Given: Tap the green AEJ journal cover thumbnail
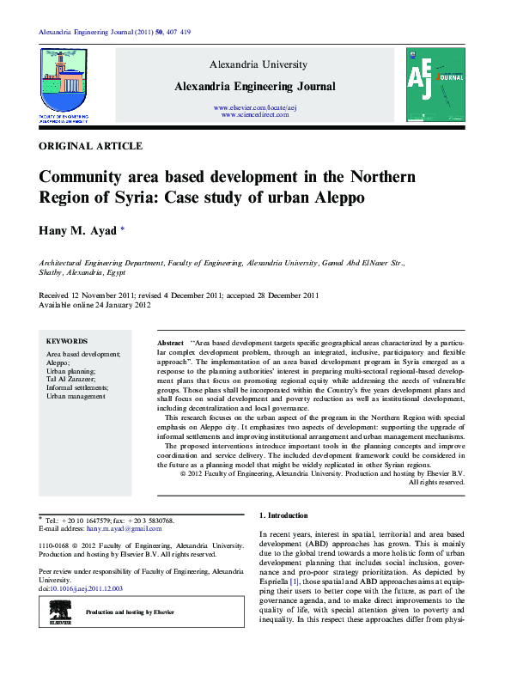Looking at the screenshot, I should pos(435,85).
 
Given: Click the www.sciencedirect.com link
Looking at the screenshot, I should pos(254,114).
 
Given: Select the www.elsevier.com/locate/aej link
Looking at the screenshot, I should pos(254,107).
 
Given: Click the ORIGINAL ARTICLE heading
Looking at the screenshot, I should pos(91,147).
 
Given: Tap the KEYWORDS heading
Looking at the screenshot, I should pos(66,341).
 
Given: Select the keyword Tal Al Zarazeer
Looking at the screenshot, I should pos(71,379).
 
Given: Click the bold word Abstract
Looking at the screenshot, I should pos(171,342).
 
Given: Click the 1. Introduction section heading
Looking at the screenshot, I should pos(283,515).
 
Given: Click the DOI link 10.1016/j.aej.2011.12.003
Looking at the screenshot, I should pos(88,588).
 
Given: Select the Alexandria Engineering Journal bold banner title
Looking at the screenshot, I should pos(254,87).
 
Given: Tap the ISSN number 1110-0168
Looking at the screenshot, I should pos(57,545).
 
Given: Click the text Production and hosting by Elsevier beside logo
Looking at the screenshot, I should pos(130,612).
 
